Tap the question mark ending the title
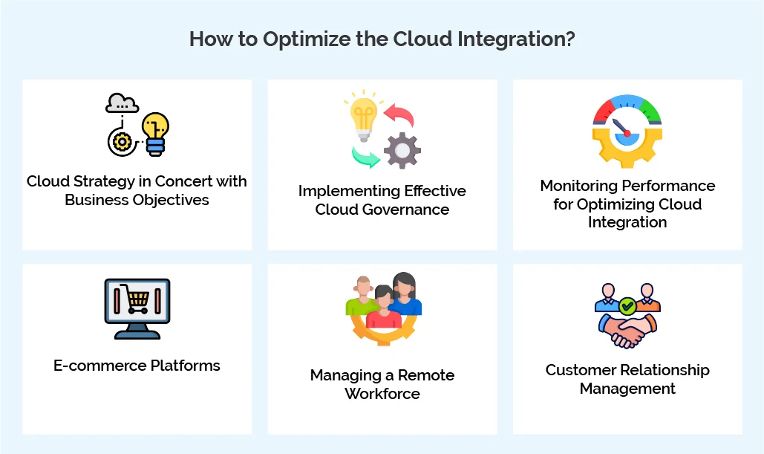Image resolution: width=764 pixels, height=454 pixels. coord(569,39)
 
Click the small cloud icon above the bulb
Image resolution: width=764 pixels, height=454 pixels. coord(122,103)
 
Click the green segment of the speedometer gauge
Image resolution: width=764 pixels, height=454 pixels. coord(651,112)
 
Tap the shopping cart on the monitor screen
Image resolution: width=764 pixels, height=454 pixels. coord(137,299)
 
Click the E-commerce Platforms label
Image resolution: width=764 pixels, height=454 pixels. coord(137,366)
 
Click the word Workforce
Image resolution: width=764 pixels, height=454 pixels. coord(382,394)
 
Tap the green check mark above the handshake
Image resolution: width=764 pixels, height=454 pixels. coord(627,305)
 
